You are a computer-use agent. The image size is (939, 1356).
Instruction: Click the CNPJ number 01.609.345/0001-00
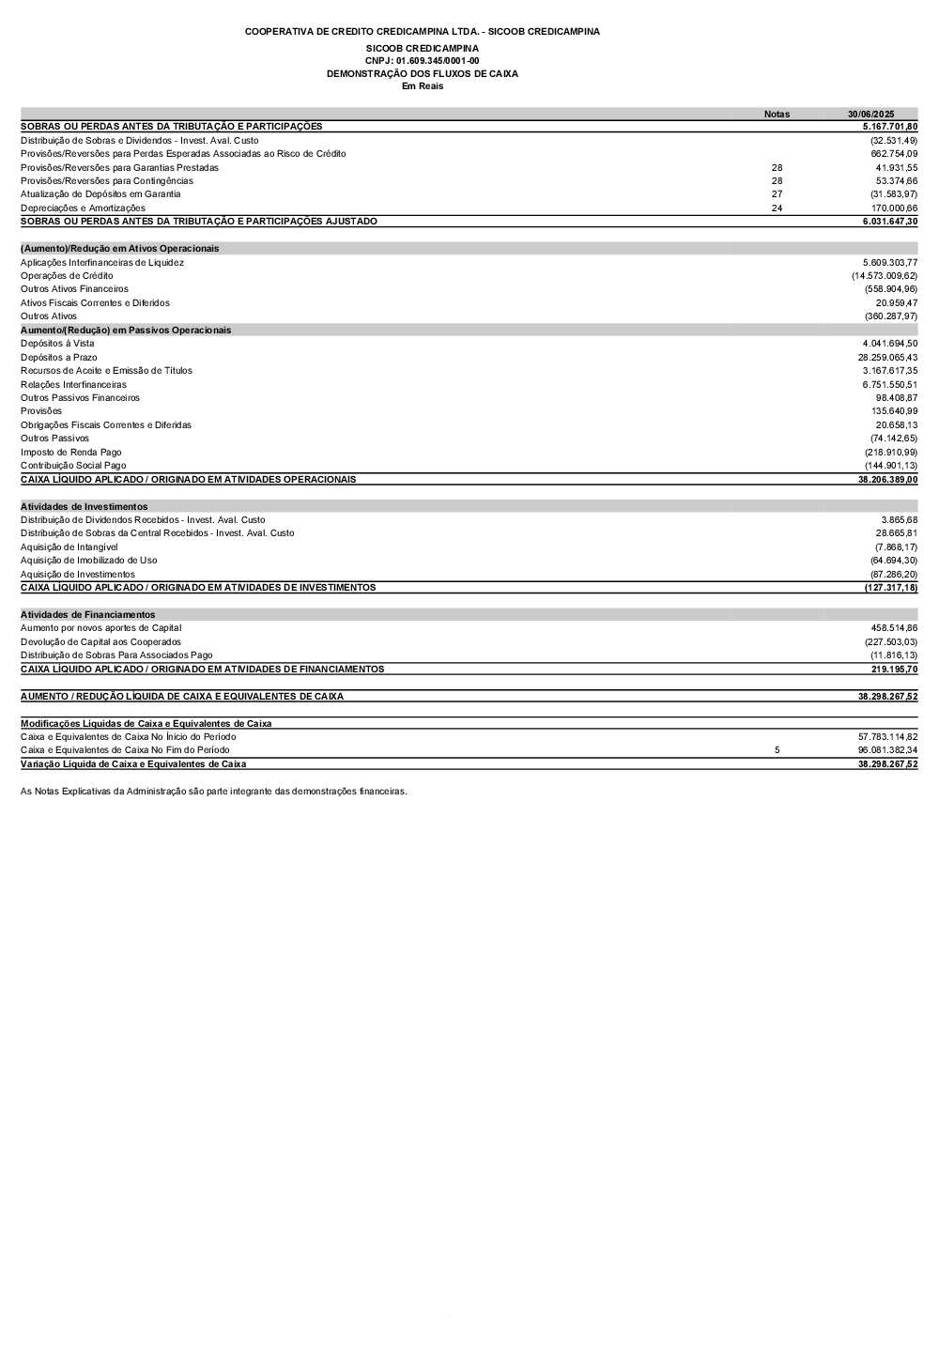coord(422,60)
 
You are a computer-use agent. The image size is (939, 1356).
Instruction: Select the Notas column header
coord(777,114)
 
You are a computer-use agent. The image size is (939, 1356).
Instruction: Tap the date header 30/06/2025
coord(870,114)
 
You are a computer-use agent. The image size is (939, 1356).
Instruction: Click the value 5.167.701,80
coord(889,126)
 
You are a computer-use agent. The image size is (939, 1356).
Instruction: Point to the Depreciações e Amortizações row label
coord(83,208)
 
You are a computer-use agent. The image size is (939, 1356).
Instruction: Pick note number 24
coord(777,208)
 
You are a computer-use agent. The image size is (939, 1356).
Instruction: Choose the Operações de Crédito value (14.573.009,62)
coord(885,276)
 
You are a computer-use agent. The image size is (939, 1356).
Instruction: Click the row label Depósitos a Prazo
coord(58,357)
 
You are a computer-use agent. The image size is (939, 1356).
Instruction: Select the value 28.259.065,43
coord(887,357)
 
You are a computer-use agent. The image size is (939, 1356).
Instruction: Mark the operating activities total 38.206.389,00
coord(887,479)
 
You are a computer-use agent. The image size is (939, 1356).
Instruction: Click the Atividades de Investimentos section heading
coord(84,506)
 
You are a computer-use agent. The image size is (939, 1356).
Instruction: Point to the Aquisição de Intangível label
coord(69,547)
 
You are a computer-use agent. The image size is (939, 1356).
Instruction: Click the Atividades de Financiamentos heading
coord(87,614)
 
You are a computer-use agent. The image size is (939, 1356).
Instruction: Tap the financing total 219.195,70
coord(894,669)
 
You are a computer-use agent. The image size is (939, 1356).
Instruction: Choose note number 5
coord(777,750)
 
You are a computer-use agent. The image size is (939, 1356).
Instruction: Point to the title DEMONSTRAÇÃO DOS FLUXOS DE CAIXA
coord(422,73)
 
